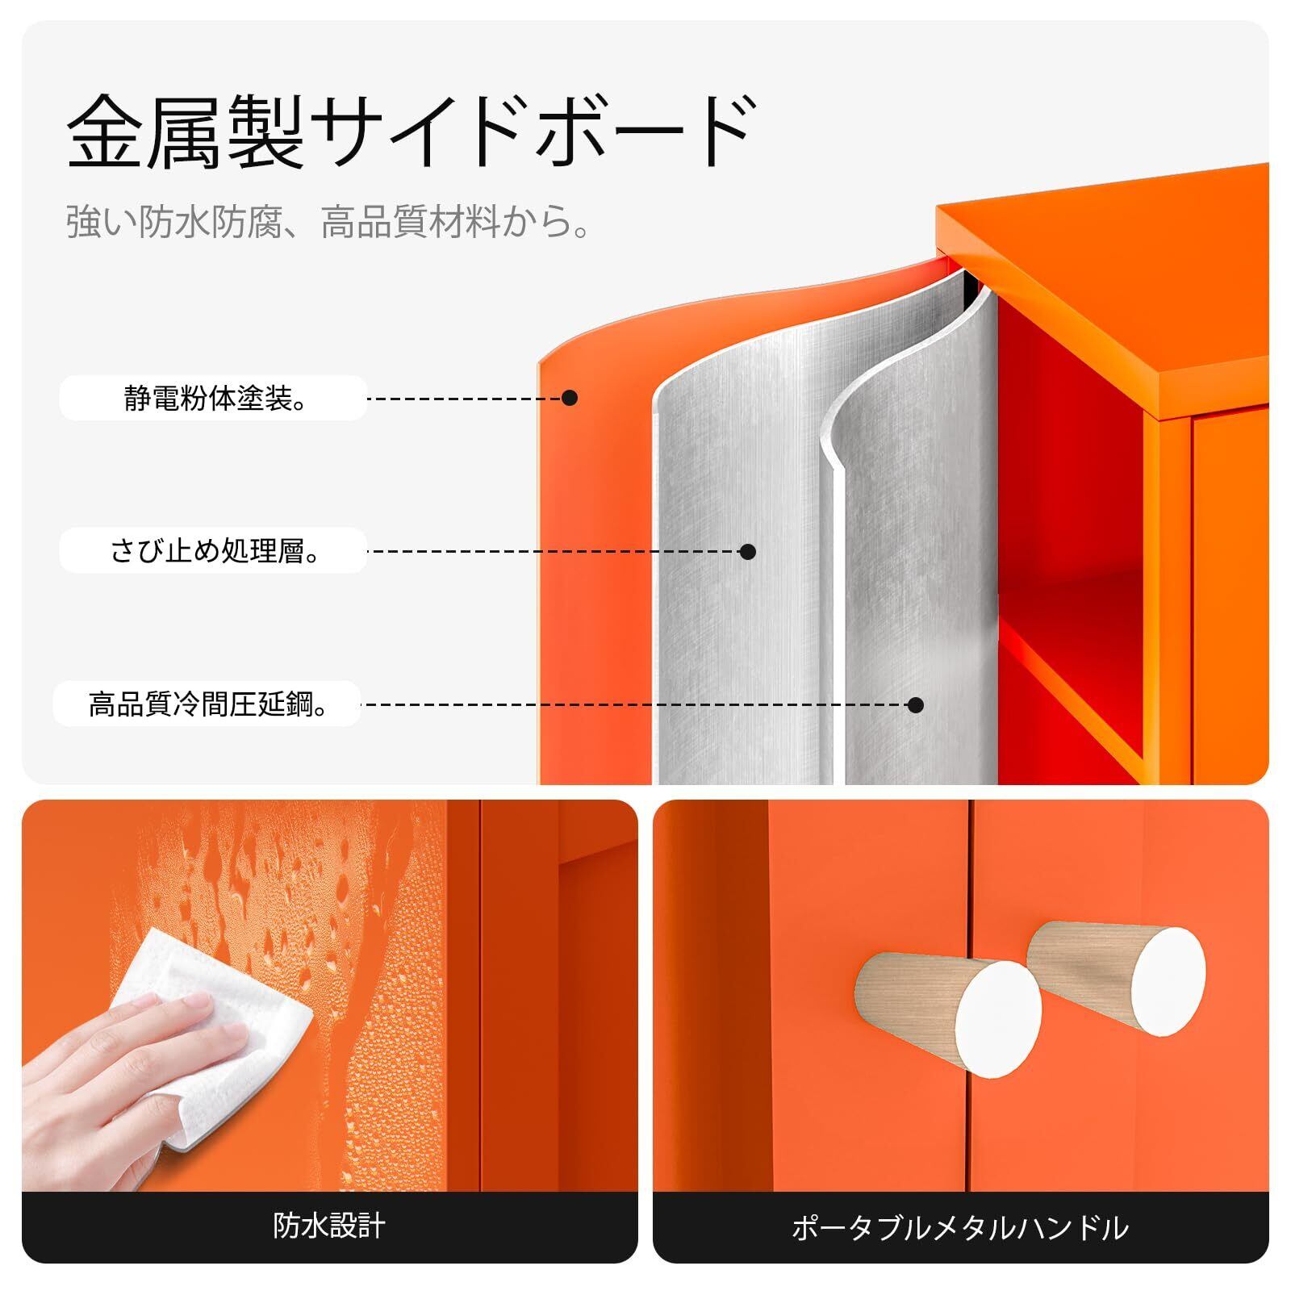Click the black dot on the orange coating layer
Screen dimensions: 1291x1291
570,398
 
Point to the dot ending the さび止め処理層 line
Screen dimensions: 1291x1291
748,552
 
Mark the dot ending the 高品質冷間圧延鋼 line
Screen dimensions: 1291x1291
915,705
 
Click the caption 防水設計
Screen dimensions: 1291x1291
329,1227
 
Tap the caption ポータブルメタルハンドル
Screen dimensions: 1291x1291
960,1228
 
